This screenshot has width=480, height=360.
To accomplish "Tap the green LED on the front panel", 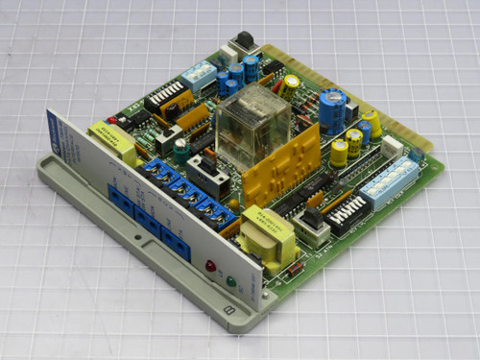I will [230, 281].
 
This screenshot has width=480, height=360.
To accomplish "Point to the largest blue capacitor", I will [332, 110].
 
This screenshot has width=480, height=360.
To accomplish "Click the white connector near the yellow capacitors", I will [392, 146].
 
